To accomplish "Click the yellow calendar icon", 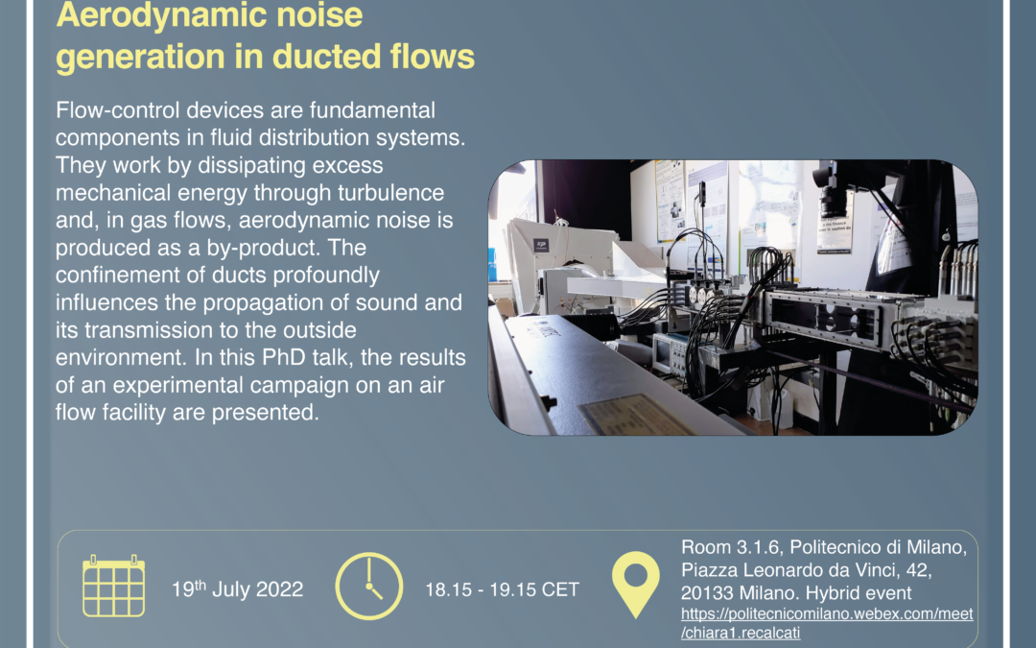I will tap(113, 586).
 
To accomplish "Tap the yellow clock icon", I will tap(369, 586).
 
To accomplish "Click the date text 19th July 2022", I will tap(238, 588).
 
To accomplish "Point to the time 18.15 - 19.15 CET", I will tap(503, 589).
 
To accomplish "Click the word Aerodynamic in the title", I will tap(153, 15).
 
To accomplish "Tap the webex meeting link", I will tap(827, 622).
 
